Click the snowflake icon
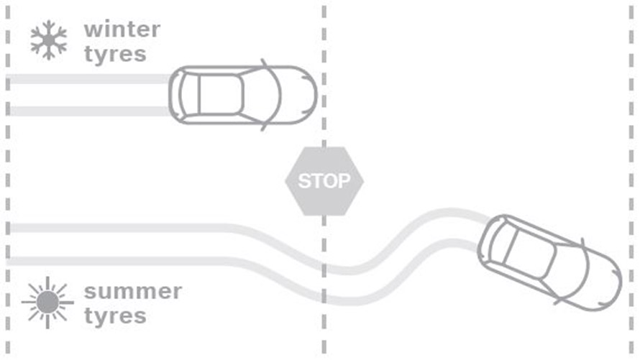(49, 41)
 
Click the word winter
(122, 29)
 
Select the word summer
(132, 292)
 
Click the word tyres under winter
(114, 54)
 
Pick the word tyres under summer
(114, 316)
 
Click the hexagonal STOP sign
(324, 180)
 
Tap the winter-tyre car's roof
(219, 95)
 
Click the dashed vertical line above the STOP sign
(324, 72)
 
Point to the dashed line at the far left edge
(7, 180)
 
